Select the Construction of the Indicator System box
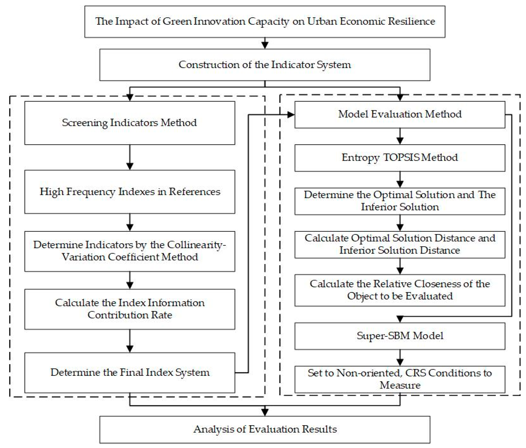(265, 65)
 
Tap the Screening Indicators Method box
(130, 123)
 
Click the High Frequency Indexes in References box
(130, 192)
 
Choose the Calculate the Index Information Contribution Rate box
(130, 309)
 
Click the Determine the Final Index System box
(130, 372)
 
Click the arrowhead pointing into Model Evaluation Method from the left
(291, 115)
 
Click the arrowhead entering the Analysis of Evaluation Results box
(265, 411)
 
